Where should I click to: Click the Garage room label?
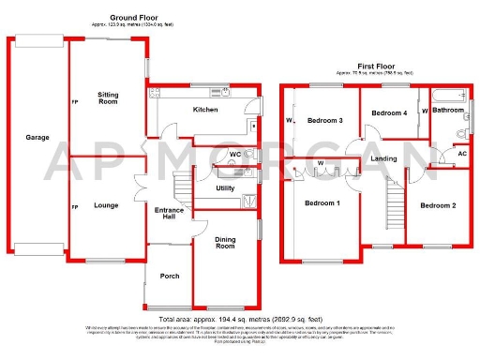pos(37,138)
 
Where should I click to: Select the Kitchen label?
pos(205,110)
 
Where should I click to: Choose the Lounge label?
pos(105,204)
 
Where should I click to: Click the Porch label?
pos(170,276)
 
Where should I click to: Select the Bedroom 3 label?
pos(325,121)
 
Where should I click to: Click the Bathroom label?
pos(448,110)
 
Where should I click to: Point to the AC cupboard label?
pos(461,154)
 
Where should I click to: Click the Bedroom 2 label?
pos(437,205)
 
